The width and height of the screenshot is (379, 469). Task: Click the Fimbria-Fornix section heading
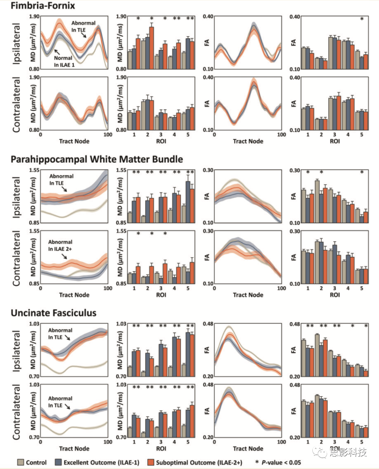(x=43, y=6)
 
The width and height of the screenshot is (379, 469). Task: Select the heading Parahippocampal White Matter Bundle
(x=97, y=159)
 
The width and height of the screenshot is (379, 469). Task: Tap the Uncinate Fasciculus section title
(x=53, y=313)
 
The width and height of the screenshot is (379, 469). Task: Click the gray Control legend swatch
(x=21, y=462)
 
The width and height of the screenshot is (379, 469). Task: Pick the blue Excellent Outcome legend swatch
(x=58, y=462)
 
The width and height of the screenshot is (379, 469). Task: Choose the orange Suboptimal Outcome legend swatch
(x=151, y=462)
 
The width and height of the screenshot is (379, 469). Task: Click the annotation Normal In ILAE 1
(x=64, y=61)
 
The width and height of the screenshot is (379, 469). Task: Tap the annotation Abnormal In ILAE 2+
(x=60, y=245)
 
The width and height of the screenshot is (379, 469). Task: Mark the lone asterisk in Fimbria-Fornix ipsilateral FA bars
(x=362, y=19)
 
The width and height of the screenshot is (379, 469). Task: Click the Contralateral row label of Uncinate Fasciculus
(x=16, y=411)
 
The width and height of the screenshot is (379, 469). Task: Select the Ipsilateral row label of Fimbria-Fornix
(x=16, y=44)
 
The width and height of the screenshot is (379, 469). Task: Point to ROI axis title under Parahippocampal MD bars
(x=161, y=295)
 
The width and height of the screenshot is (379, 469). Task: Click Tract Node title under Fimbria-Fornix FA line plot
(x=248, y=141)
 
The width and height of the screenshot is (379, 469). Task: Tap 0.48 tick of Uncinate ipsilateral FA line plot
(x=208, y=323)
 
